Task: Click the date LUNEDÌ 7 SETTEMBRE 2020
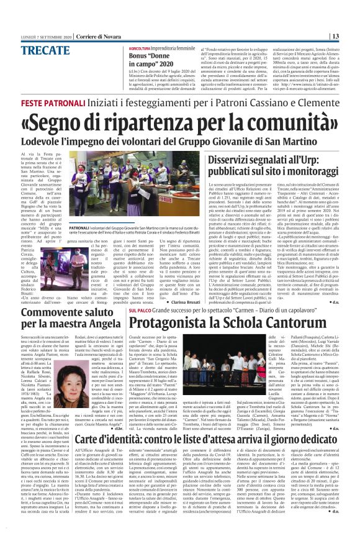pos(48,36)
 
